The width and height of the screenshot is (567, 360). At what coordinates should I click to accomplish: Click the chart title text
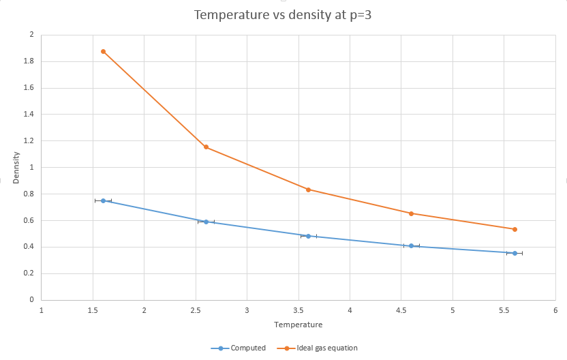pyautogui.click(x=283, y=14)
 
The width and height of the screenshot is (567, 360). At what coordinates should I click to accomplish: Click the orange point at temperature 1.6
pyautogui.click(x=103, y=51)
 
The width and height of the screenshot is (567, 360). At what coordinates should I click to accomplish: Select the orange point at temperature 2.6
pyautogui.click(x=206, y=147)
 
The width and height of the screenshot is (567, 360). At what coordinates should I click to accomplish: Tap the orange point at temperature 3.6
pyautogui.click(x=309, y=190)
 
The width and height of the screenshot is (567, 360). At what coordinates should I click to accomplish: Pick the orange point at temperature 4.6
pyautogui.click(x=411, y=213)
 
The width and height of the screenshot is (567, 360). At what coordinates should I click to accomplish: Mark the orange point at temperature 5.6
pyautogui.click(x=515, y=229)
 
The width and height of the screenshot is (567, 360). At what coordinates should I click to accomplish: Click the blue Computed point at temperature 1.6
pyautogui.click(x=103, y=200)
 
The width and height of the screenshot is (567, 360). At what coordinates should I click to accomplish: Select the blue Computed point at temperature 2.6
pyautogui.click(x=206, y=222)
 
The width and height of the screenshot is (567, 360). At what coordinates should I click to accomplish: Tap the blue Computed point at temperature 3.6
pyautogui.click(x=309, y=236)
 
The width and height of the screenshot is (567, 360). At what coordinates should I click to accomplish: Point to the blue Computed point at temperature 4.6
pyautogui.click(x=411, y=245)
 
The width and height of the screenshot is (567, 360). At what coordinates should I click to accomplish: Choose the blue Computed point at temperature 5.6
pyautogui.click(x=515, y=253)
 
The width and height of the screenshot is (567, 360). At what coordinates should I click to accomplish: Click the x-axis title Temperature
pyautogui.click(x=298, y=325)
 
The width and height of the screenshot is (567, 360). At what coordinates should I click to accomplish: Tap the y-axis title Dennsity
pyautogui.click(x=16, y=167)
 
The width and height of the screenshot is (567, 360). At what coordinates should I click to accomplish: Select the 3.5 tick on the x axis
pyautogui.click(x=298, y=310)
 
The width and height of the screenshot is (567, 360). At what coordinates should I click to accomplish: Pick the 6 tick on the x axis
pyautogui.click(x=555, y=310)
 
